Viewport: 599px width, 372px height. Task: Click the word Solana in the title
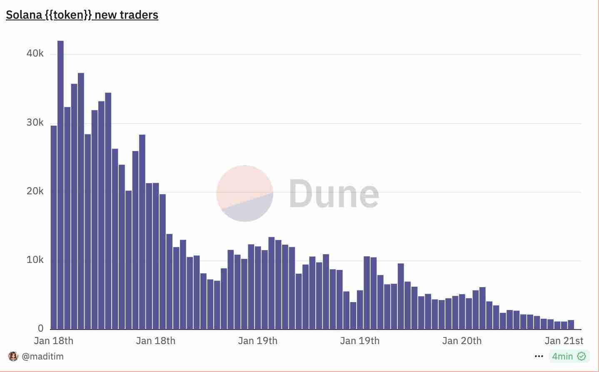(24, 15)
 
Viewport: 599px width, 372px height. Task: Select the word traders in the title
(139, 15)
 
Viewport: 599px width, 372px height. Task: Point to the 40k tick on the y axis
(35, 54)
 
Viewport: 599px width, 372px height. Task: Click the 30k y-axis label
(35, 123)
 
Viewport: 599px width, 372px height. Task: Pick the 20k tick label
(35, 191)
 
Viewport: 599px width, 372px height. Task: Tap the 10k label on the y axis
(35, 260)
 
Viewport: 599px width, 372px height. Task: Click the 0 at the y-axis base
(40, 329)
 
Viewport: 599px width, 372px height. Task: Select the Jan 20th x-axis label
(462, 341)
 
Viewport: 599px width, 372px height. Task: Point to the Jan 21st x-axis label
(564, 341)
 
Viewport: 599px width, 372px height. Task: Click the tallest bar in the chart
(60, 185)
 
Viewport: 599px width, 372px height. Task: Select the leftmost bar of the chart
(54, 227)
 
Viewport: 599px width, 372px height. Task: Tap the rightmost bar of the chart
(571, 325)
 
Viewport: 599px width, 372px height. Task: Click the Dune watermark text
(334, 193)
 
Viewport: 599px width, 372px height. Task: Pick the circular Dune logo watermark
(245, 193)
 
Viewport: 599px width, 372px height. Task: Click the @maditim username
(42, 357)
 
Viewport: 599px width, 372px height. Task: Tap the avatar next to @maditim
(13, 357)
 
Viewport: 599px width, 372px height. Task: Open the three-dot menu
(539, 357)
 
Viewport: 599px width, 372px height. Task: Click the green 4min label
(562, 357)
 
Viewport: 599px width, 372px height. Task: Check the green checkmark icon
(582, 357)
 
